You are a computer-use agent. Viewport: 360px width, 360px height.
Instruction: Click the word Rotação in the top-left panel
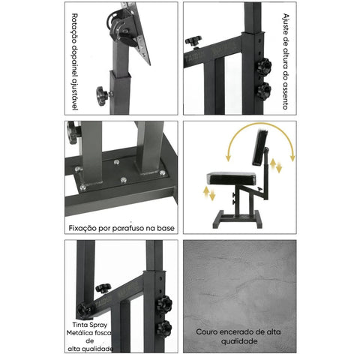coord(74,28)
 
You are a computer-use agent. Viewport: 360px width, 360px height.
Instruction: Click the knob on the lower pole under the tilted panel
coord(103,96)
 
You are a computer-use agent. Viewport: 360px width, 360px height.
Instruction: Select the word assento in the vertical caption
coord(286,95)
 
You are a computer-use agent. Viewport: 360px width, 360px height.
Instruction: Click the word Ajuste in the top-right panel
coord(286,23)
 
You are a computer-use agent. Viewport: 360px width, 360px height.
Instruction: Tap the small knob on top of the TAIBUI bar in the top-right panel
coord(193,41)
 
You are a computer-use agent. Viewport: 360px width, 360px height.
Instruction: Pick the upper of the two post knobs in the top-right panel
coord(263,67)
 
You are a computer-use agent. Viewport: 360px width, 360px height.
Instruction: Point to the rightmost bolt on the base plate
coord(162,172)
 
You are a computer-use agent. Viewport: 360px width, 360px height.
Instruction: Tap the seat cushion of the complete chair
coord(231,178)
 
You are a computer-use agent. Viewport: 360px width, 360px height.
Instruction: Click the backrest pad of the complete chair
coord(260,148)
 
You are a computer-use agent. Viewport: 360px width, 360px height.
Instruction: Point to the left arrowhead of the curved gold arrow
coord(228,158)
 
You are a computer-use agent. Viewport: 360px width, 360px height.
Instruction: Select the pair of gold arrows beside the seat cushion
coord(209,193)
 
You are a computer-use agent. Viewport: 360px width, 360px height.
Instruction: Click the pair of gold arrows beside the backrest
coord(276,166)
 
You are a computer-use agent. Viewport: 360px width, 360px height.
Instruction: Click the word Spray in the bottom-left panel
coord(98,325)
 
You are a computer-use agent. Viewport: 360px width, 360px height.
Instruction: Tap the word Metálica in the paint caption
coord(79,333)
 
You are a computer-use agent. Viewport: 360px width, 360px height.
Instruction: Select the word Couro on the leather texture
coord(206,332)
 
